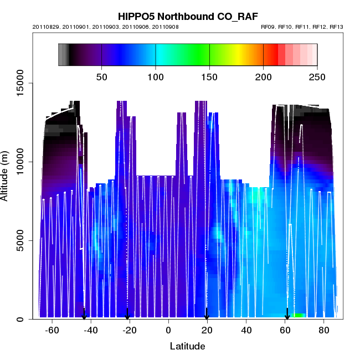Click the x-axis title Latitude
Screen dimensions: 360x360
click(187, 347)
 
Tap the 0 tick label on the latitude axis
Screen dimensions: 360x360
click(168, 331)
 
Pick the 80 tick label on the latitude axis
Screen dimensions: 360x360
click(324, 331)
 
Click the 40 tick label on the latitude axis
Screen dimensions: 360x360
click(246, 331)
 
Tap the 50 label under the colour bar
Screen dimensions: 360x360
click(102, 77)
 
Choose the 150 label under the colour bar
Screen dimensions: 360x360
click(210, 77)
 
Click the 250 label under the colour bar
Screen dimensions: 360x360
click(317, 77)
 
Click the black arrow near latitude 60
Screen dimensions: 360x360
click(287, 314)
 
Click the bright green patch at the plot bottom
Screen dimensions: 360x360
click(299, 315)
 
